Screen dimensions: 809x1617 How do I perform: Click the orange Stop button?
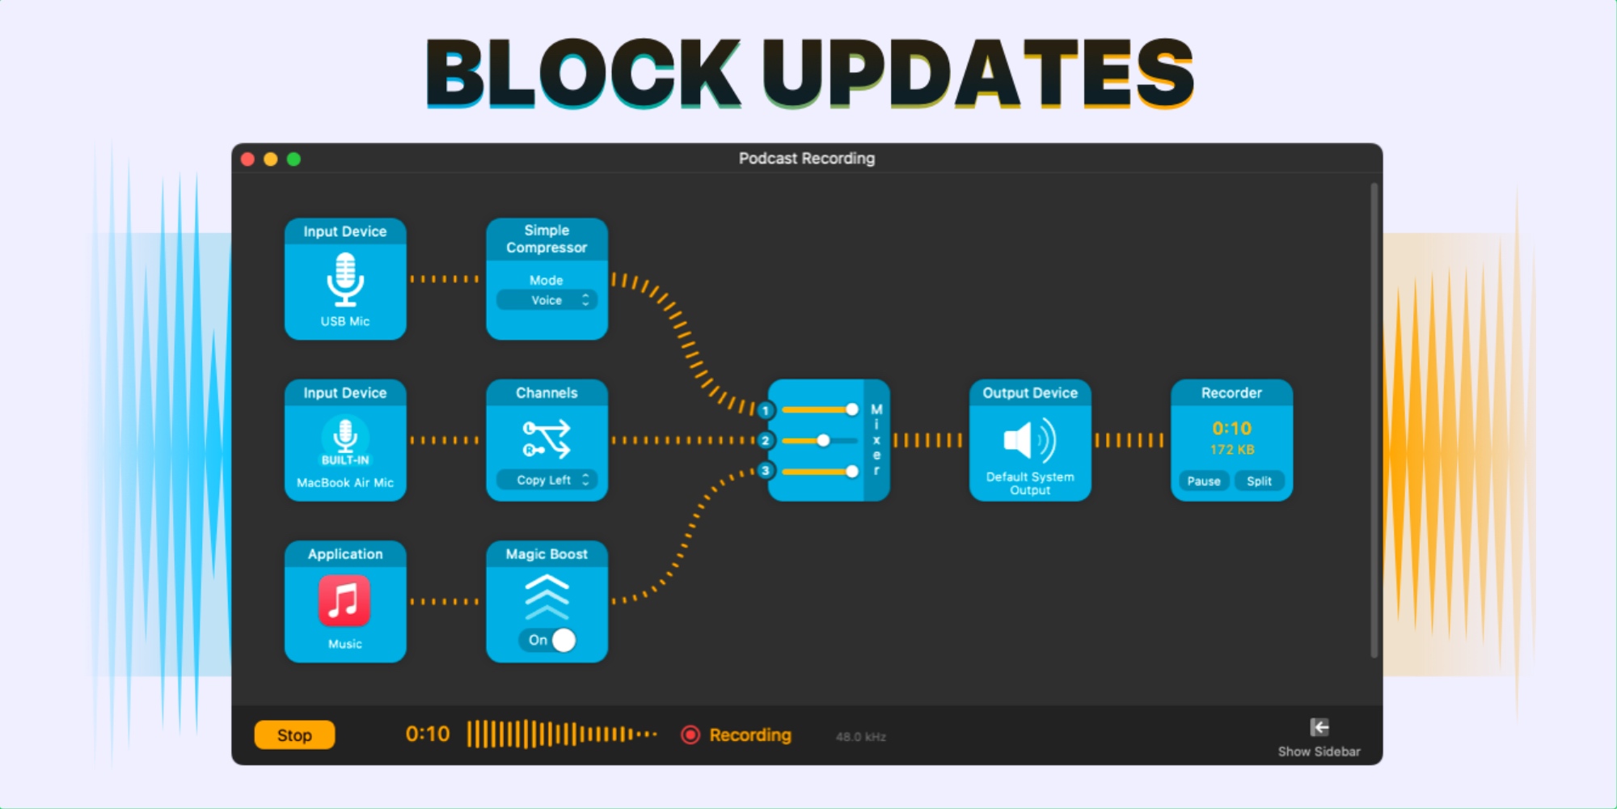[294, 735]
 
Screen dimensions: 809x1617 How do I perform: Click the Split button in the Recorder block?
[1259, 481]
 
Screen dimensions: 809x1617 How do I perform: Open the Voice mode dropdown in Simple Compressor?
[547, 300]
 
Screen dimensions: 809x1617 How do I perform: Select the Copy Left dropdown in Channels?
[547, 480]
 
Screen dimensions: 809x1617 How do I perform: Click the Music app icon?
[344, 601]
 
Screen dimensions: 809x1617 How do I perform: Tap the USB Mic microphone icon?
[345, 279]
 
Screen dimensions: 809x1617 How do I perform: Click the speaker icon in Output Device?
[1029, 440]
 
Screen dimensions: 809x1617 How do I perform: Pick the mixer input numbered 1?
[765, 410]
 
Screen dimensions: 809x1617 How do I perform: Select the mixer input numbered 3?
[765, 471]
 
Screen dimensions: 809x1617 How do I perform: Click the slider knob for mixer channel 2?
[823, 441]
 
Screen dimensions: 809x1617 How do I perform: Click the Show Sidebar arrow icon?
[1319, 726]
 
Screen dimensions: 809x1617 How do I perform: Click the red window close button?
[248, 159]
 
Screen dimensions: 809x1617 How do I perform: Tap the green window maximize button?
[294, 159]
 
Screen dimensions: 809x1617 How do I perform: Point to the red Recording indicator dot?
[690, 735]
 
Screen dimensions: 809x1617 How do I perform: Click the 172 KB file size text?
[1231, 450]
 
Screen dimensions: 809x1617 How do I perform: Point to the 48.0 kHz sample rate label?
[860, 737]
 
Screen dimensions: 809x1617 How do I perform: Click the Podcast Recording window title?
[806, 159]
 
